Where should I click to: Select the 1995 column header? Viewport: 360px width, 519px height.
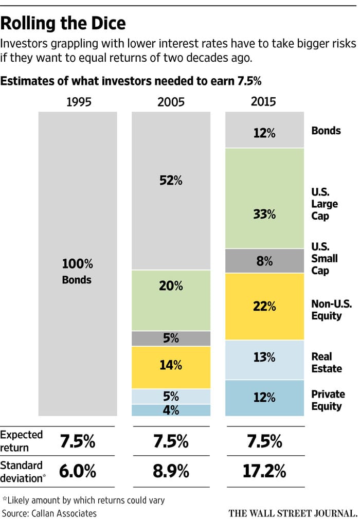click(x=78, y=102)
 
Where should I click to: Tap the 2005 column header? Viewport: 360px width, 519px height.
click(x=171, y=102)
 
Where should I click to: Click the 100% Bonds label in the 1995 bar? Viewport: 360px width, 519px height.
click(x=78, y=272)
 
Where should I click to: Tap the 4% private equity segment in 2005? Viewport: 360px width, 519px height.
click(x=171, y=410)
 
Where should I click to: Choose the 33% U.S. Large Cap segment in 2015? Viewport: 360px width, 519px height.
click(x=264, y=214)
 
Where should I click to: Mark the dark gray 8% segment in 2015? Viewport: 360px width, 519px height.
click(x=264, y=261)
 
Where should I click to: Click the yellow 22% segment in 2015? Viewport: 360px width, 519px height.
click(x=264, y=306)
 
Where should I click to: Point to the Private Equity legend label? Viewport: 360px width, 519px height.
click(x=328, y=400)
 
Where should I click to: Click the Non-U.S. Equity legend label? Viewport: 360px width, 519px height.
click(x=331, y=310)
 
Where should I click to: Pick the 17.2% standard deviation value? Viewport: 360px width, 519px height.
click(x=264, y=471)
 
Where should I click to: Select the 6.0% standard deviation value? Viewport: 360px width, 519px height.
click(x=78, y=471)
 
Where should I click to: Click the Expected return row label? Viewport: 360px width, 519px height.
click(x=22, y=441)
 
